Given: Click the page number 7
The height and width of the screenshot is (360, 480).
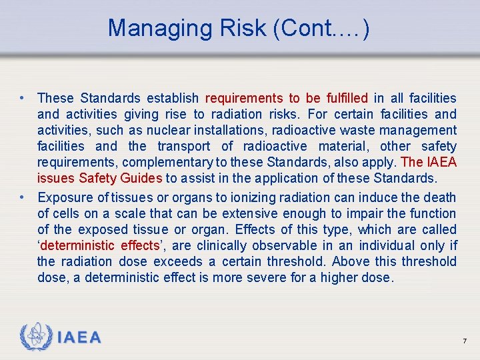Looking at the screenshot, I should click(x=464, y=341).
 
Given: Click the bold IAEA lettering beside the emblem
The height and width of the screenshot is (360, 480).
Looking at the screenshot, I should click(x=79, y=338).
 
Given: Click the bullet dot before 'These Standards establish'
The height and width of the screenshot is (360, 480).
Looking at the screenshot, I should click(x=23, y=98).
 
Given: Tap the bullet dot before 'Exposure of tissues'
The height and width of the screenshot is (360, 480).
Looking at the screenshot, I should click(x=23, y=197).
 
